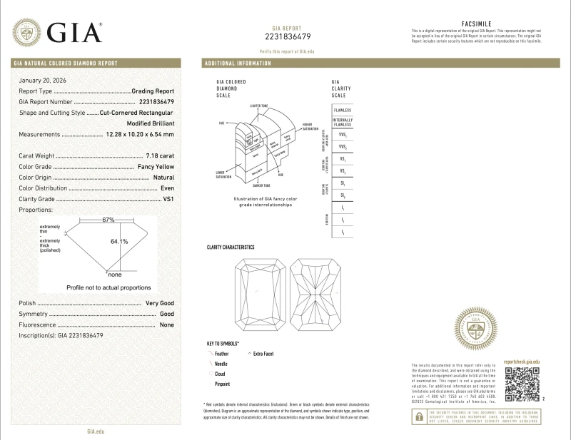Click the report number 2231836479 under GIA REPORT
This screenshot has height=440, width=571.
tap(288, 36)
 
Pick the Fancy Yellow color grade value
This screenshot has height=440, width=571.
tap(155, 167)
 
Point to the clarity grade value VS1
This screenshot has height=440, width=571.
tap(168, 199)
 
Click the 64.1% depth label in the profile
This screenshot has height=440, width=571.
tap(119, 242)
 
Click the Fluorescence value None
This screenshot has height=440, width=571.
tap(167, 324)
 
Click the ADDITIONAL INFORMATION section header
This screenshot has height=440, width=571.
tap(238, 63)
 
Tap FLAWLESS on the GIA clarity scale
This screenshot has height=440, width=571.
tap(342, 111)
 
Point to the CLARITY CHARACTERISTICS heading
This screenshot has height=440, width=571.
tap(231, 247)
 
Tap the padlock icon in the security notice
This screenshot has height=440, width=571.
tap(419, 419)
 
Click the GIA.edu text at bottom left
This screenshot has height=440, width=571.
tap(96, 431)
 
